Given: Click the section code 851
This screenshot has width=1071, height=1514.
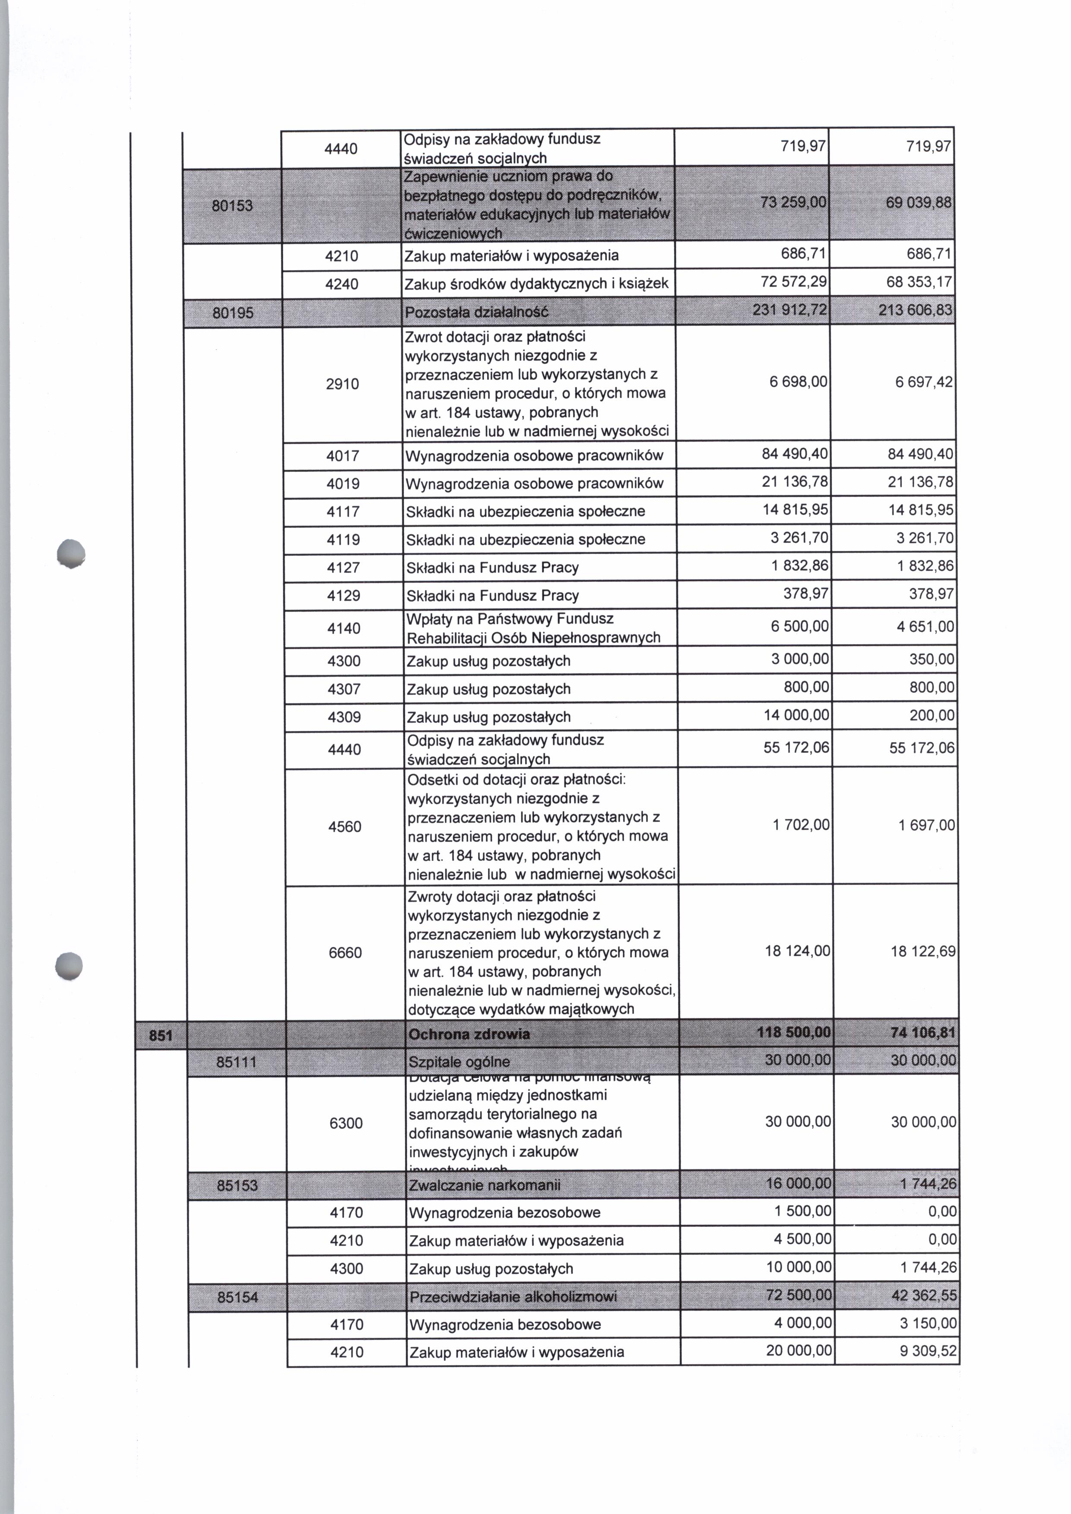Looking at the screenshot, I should (160, 1035).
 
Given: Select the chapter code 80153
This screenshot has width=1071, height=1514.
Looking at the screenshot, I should (232, 206).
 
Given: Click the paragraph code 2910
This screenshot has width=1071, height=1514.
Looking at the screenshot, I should (342, 384).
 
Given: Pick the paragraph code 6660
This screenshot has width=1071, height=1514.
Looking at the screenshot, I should (345, 953).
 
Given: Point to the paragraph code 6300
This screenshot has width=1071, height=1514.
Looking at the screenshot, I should (345, 1124).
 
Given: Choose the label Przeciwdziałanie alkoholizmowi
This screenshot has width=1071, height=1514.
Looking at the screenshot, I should (513, 1297).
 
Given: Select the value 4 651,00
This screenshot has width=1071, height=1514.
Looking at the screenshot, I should (925, 627).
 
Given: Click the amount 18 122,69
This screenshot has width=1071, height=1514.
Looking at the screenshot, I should (923, 951).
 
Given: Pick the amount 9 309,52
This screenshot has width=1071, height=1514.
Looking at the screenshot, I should (928, 1352).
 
